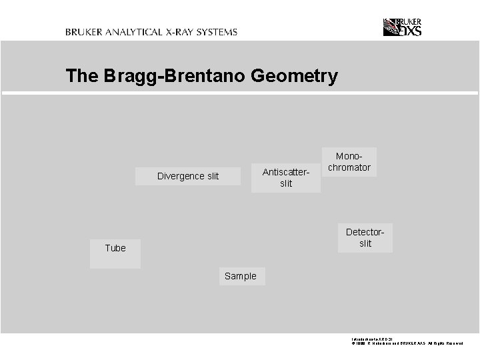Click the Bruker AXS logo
pyautogui.click(x=402, y=27)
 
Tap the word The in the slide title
pyautogui.click(x=82, y=76)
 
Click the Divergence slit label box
pyautogui.click(x=187, y=176)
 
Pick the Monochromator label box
pyautogui.click(x=349, y=162)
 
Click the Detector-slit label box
pyautogui.click(x=365, y=237)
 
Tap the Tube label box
pyautogui.click(x=115, y=253)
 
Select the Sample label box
pyautogui.click(x=241, y=276)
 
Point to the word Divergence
pyautogui.click(x=180, y=176)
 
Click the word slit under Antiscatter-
pyautogui.click(x=286, y=183)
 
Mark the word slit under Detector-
pyautogui.click(x=365, y=243)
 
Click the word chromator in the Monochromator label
pyautogui.click(x=349, y=167)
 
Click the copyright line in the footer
pyautogui.click(x=407, y=343)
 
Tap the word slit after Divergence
pyautogui.click(x=212, y=176)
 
